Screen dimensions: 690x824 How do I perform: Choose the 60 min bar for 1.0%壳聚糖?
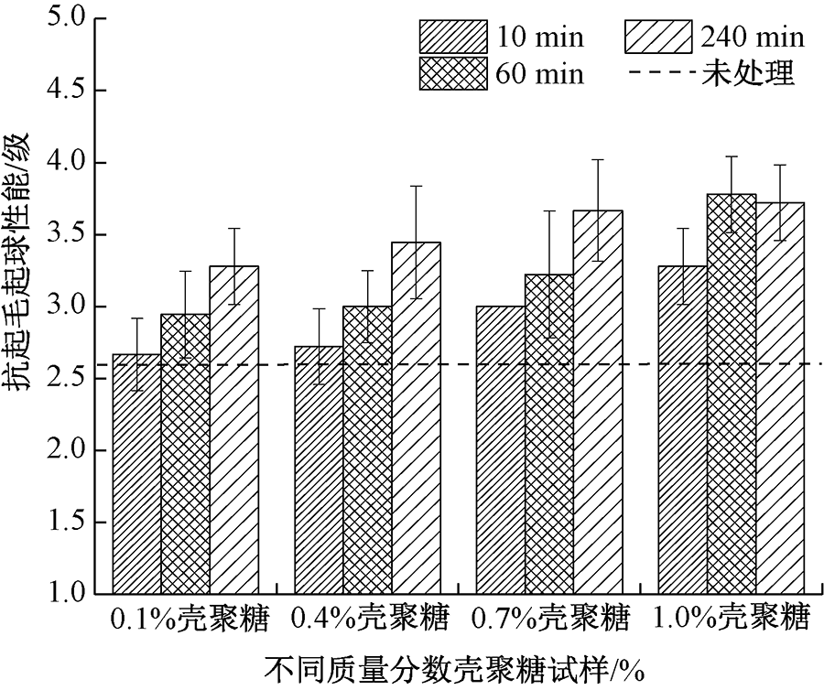click(x=732, y=394)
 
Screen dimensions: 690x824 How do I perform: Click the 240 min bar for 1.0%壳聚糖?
click(x=780, y=399)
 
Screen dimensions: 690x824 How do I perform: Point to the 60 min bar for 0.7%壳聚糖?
click(x=548, y=435)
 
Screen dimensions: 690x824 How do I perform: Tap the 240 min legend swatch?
click(x=656, y=37)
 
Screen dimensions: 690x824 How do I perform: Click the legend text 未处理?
click(x=748, y=73)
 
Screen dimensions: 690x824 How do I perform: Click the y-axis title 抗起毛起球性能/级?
click(x=21, y=262)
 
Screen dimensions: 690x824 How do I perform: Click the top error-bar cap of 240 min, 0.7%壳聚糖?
click(x=597, y=159)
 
